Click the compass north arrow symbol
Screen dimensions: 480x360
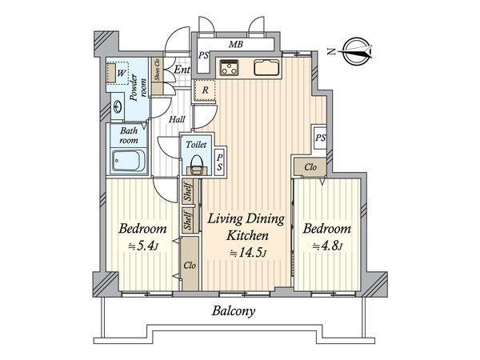pos(358,51)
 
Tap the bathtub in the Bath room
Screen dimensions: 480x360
pos(129,161)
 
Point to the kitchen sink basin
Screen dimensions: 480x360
pos(266,67)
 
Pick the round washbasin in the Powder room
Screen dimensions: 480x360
pos(118,107)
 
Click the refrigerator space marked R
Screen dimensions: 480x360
pos(205,90)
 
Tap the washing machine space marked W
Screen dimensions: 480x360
pos(118,73)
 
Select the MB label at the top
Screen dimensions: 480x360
pos(236,45)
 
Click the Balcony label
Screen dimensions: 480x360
pos(234,312)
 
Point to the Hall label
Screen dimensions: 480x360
pos(177,119)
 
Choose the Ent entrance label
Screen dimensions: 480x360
pos(182,70)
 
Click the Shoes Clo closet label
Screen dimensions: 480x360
pos(158,70)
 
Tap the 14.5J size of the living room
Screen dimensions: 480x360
pos(248,253)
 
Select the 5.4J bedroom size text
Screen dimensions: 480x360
pos(143,246)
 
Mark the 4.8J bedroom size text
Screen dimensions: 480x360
pos(327,246)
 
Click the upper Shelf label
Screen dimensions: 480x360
pos(188,192)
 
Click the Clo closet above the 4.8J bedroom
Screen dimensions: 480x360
pos(310,167)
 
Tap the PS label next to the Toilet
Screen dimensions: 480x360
pos(220,162)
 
